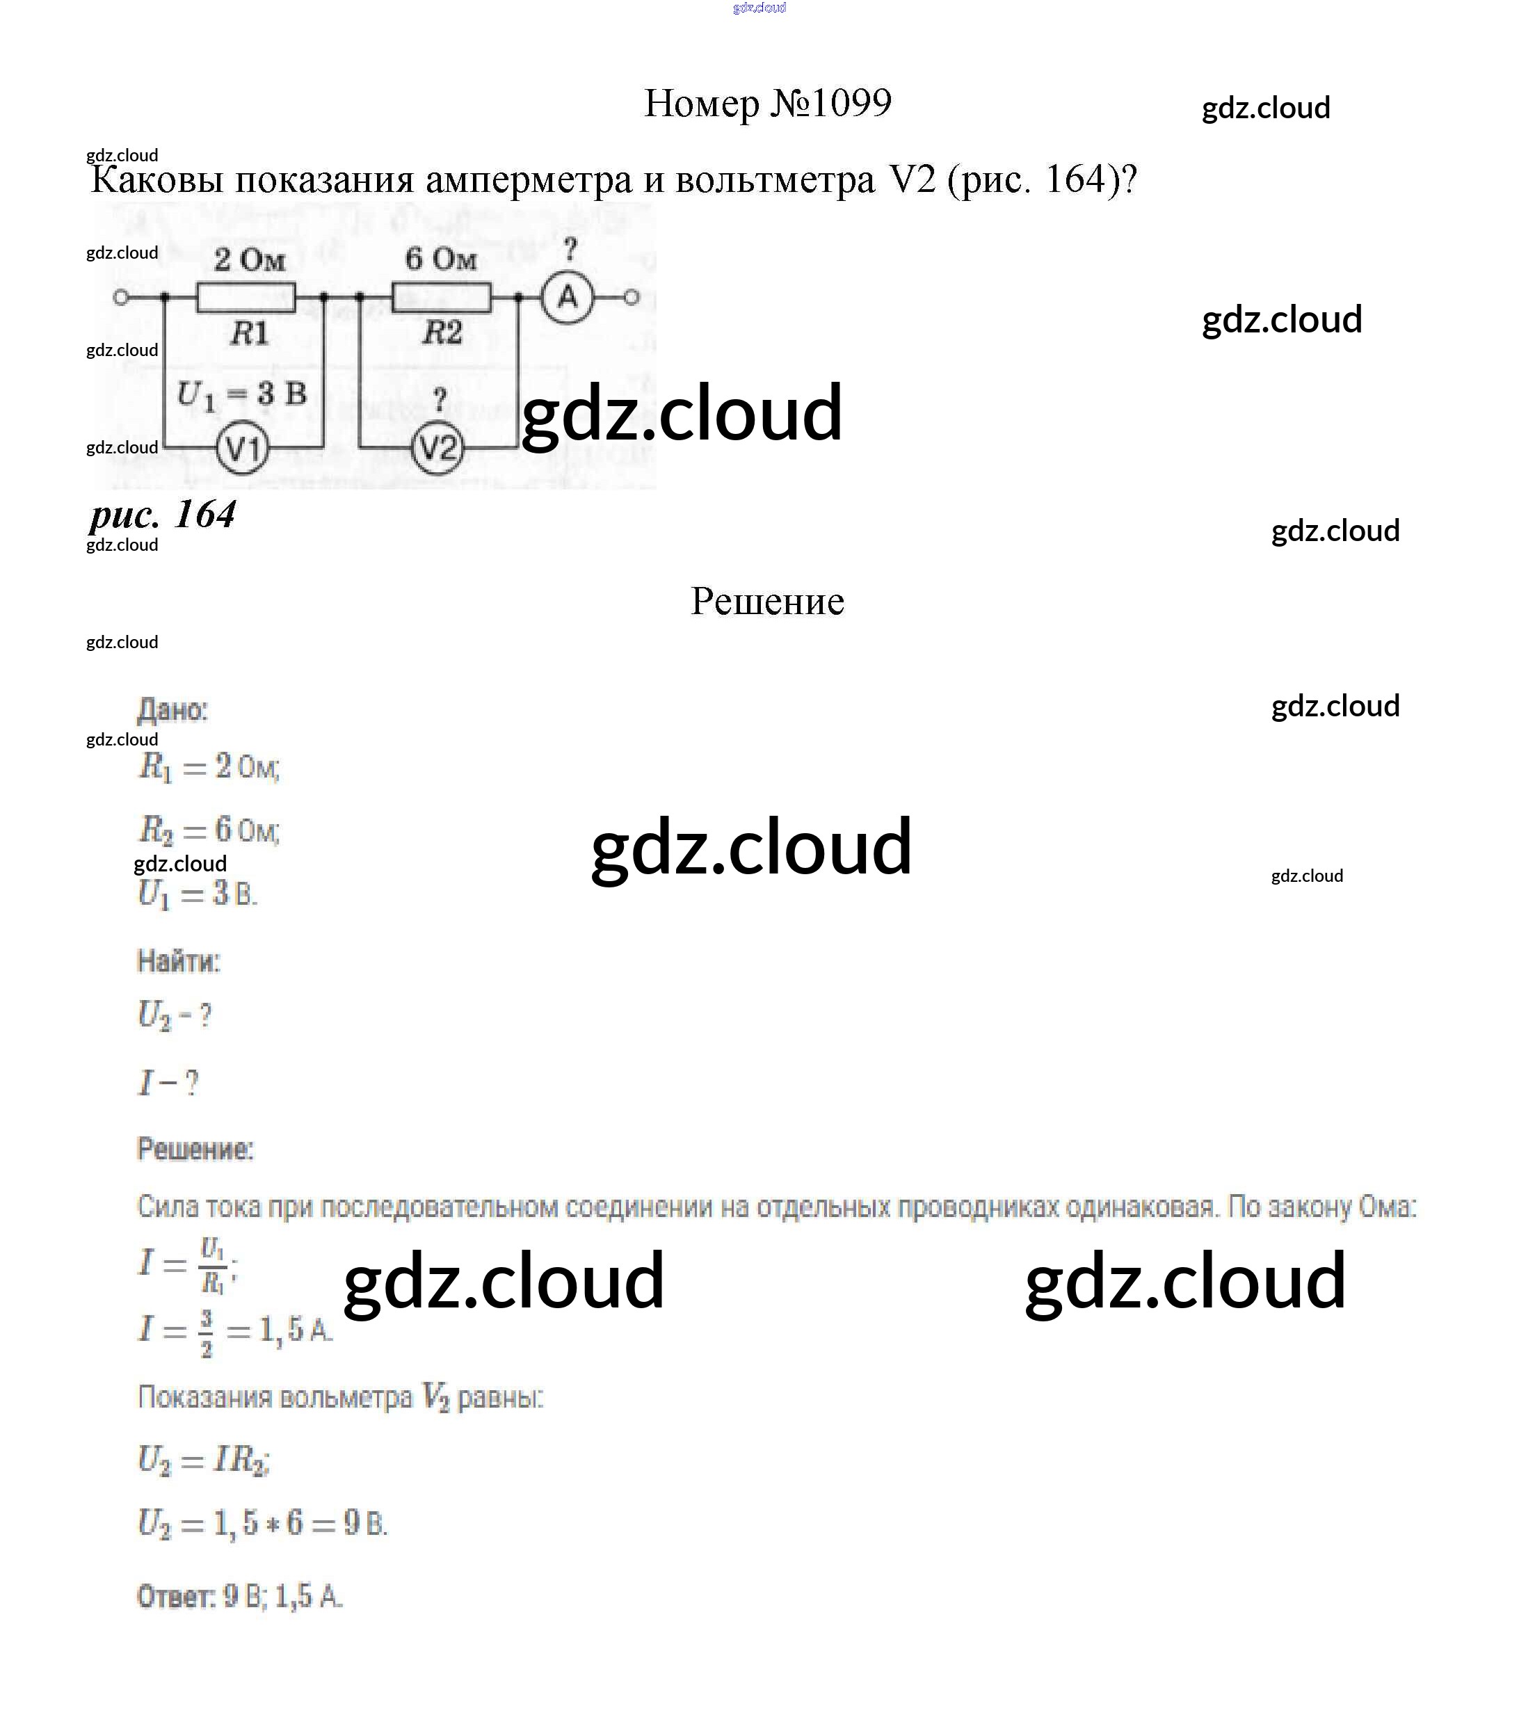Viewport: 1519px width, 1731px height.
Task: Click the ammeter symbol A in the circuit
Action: pyautogui.click(x=568, y=297)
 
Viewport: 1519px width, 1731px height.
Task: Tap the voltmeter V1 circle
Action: pyautogui.click(x=243, y=448)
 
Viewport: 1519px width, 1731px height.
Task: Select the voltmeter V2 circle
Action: pyautogui.click(x=437, y=448)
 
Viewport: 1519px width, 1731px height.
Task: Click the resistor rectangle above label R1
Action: pyautogui.click(x=246, y=297)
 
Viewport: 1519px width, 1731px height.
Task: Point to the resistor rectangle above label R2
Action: pyautogui.click(x=440, y=297)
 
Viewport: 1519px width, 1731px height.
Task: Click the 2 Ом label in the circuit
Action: pyautogui.click(x=249, y=259)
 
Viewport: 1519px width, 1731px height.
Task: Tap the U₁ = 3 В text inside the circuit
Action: pyautogui.click(x=241, y=394)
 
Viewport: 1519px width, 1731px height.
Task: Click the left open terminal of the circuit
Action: pyautogui.click(x=121, y=297)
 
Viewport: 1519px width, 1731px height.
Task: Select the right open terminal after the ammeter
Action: pyautogui.click(x=631, y=297)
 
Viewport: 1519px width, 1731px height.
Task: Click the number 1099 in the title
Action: pyautogui.click(x=850, y=104)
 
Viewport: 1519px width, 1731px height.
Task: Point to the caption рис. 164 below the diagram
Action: pyautogui.click(x=163, y=514)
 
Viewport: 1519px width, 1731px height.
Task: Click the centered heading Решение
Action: pyautogui.click(x=767, y=602)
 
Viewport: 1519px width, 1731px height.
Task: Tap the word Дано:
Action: pyautogui.click(x=172, y=709)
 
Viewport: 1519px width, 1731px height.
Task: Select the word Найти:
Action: pyautogui.click(x=179, y=961)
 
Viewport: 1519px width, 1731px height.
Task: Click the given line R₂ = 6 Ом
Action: pyautogui.click(x=208, y=830)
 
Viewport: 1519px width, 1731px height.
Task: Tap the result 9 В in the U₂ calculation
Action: pyautogui.click(x=364, y=1524)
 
